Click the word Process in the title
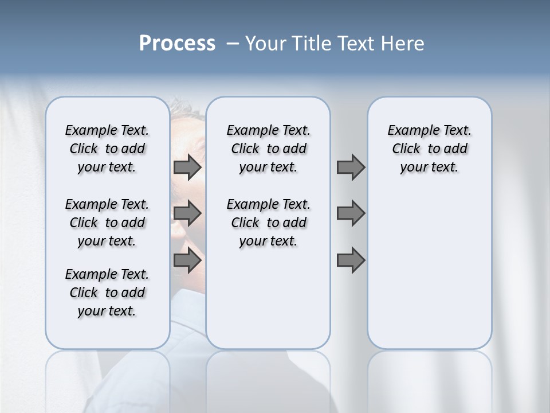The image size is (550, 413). point(177,43)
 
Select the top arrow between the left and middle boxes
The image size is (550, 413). point(187,167)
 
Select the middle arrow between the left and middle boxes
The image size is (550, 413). point(187,213)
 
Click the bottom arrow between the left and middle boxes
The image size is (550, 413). point(187,261)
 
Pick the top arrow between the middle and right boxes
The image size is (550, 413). point(351,167)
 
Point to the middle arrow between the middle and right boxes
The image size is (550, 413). point(351,213)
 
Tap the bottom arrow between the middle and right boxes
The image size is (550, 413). point(351,261)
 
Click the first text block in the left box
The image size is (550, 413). point(107,149)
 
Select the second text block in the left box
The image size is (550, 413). point(107,223)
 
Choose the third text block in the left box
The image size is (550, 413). point(107,293)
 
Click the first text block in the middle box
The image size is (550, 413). point(268,149)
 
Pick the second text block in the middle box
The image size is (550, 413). point(268,223)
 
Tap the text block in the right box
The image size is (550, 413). point(429,149)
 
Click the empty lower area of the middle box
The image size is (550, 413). point(268,298)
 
